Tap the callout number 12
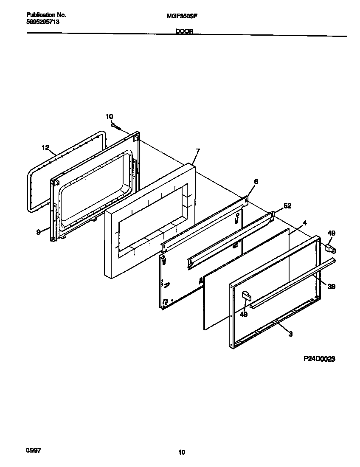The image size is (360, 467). click(x=46, y=148)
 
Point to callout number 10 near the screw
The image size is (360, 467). click(x=109, y=116)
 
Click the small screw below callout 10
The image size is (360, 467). click(x=116, y=126)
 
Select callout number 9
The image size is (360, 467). click(x=39, y=232)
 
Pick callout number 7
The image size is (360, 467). click(x=197, y=151)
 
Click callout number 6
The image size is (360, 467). click(x=256, y=181)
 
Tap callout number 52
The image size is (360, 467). click(x=287, y=206)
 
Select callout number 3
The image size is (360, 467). click(x=290, y=335)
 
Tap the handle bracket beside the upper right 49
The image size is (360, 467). click(x=329, y=248)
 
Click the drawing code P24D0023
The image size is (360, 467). click(x=319, y=359)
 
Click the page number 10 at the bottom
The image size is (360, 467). click(x=181, y=453)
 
